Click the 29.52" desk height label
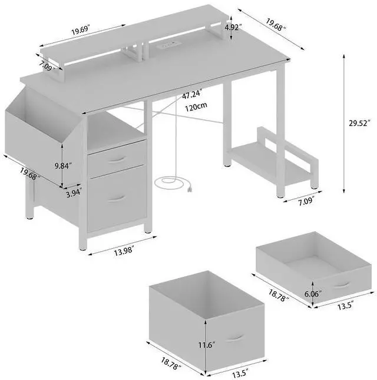(x=359, y=124)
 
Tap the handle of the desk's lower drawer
(x=117, y=198)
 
